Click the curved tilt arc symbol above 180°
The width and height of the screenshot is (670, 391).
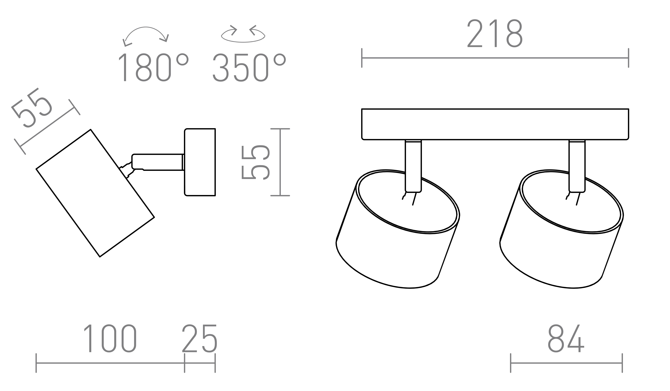146,36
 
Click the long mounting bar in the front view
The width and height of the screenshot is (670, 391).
495,124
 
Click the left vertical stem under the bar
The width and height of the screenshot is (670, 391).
413,166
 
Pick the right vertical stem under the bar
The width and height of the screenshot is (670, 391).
577,166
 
